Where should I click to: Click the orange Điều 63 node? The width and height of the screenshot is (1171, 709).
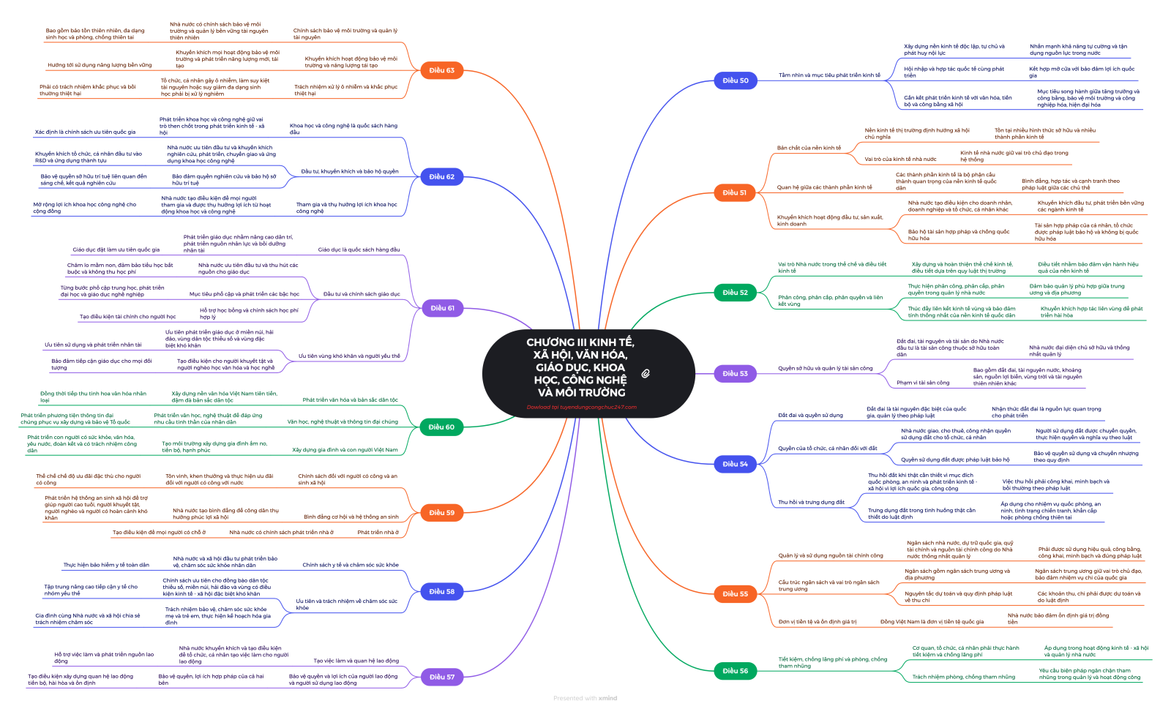[x=441, y=70]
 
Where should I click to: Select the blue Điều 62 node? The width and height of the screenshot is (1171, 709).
[x=441, y=176]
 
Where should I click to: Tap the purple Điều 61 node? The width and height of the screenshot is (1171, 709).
[x=442, y=308]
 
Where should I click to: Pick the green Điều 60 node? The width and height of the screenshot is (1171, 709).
[x=441, y=427]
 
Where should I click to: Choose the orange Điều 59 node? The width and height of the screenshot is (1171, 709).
[x=441, y=512]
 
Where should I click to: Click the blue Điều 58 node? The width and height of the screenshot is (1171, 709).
[x=441, y=591]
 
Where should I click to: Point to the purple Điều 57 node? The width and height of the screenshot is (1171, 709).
[x=441, y=677]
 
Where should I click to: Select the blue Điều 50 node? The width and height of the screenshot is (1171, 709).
[x=735, y=80]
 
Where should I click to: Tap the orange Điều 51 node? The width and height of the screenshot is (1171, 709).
[x=735, y=192]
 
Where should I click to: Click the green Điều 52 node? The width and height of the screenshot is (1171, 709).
[x=735, y=292]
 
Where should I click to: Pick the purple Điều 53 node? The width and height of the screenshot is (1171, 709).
[x=735, y=373]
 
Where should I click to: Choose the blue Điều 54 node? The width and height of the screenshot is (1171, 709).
[x=735, y=464]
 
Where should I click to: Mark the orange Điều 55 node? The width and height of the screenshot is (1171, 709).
[x=735, y=593]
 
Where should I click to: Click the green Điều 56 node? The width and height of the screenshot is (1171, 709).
[x=735, y=670]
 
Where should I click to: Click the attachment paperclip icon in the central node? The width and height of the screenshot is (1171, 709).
[x=646, y=373]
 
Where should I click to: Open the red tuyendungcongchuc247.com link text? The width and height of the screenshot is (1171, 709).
[x=581, y=408]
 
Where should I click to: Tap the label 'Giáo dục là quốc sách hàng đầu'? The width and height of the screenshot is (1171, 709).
[x=359, y=250]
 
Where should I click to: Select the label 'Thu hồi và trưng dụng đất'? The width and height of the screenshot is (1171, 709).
[x=811, y=502]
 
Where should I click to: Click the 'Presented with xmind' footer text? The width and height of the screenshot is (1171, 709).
[x=585, y=698]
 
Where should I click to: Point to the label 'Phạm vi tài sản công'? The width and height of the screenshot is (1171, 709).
[x=923, y=383]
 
